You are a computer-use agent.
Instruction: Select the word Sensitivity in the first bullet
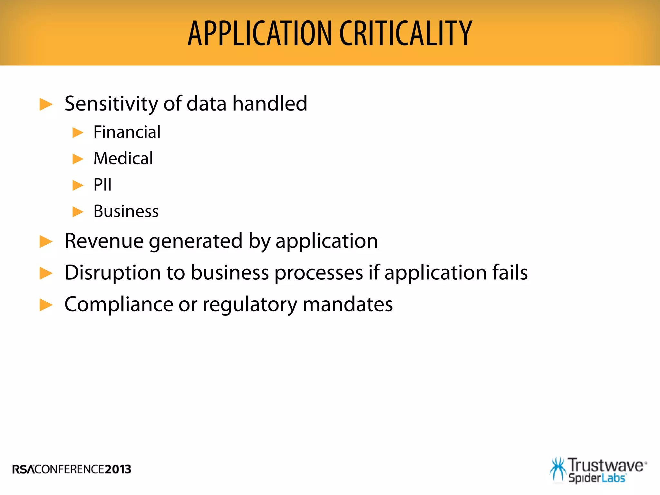112,104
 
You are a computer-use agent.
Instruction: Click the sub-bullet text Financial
127,132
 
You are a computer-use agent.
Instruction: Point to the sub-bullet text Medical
123,159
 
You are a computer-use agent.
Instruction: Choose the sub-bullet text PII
102,185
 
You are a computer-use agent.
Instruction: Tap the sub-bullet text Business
126,211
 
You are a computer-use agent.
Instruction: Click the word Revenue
104,241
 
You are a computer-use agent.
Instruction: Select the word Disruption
112,273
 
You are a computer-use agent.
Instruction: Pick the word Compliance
119,304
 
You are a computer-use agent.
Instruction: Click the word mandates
348,304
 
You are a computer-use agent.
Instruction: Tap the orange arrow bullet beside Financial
78,132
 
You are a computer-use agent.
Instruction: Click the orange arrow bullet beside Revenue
46,242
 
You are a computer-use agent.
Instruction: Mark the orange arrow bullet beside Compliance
46,305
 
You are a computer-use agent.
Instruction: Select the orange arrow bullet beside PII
78,185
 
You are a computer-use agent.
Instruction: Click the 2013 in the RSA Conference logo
118,469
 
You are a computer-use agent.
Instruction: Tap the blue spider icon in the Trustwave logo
558,470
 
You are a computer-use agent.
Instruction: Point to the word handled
270,104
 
